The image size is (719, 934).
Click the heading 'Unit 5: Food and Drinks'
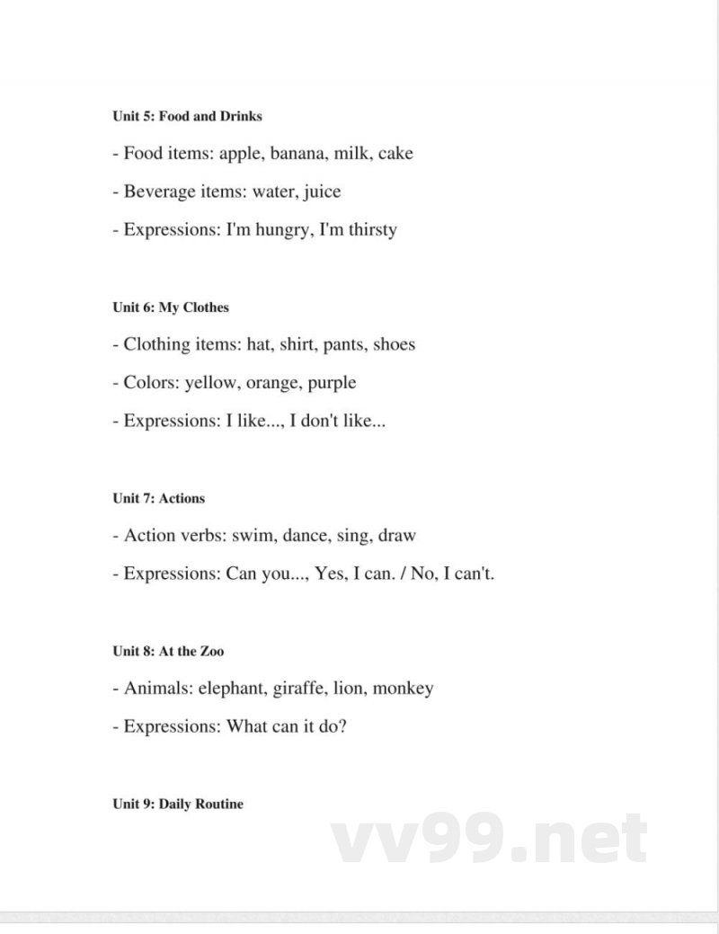[187, 116]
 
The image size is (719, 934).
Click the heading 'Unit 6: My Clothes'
[171, 307]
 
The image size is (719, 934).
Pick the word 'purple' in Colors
[331, 383]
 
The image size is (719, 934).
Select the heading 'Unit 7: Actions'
[158, 498]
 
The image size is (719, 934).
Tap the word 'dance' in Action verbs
[304, 536]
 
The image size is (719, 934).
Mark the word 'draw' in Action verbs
[396, 536]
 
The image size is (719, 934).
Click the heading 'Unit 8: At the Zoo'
[168, 651]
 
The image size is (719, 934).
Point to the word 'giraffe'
[303, 689]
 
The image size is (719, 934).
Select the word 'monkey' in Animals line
[403, 689]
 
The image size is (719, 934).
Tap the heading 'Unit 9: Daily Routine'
[178, 804]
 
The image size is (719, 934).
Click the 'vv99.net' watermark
[490, 840]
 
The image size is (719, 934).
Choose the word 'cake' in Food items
[395, 154]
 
